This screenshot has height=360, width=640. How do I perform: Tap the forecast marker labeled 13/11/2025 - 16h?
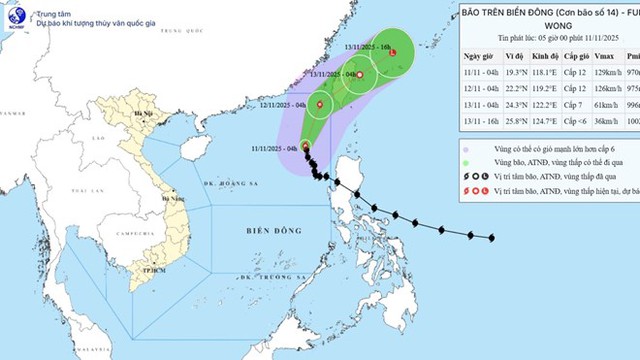[x=393, y=53]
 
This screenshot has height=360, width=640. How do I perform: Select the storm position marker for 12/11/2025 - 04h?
[x=320, y=105]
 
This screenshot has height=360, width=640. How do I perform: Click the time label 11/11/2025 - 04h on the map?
[x=267, y=147]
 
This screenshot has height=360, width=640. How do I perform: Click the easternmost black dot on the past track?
[x=491, y=237]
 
